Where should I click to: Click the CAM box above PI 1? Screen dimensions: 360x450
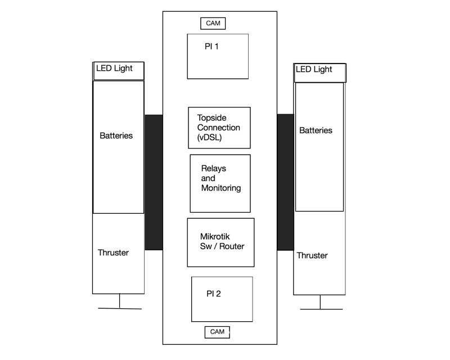(x=213, y=23)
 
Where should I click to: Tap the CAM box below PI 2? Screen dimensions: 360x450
(x=217, y=332)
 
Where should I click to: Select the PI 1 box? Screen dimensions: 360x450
(x=218, y=56)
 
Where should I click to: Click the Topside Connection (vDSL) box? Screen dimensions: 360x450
(x=219, y=128)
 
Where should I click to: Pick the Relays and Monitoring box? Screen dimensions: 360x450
(x=220, y=183)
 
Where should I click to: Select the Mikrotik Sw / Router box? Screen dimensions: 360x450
(x=220, y=242)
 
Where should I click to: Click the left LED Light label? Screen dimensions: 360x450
(x=115, y=69)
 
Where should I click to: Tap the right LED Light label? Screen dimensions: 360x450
(x=314, y=70)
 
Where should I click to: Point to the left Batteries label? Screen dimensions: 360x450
(x=116, y=136)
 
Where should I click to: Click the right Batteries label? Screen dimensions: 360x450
(x=316, y=130)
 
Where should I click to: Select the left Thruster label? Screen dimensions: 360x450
(x=113, y=253)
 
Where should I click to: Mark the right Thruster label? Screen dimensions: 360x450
(x=312, y=255)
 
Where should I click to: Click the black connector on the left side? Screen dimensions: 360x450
(x=154, y=182)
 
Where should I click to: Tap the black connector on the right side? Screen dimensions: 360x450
(x=285, y=182)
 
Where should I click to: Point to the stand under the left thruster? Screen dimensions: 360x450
(x=120, y=304)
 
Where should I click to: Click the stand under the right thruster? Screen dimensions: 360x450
(x=321, y=305)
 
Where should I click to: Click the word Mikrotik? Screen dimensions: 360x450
(x=215, y=237)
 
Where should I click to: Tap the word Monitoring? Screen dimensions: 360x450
(x=221, y=188)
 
